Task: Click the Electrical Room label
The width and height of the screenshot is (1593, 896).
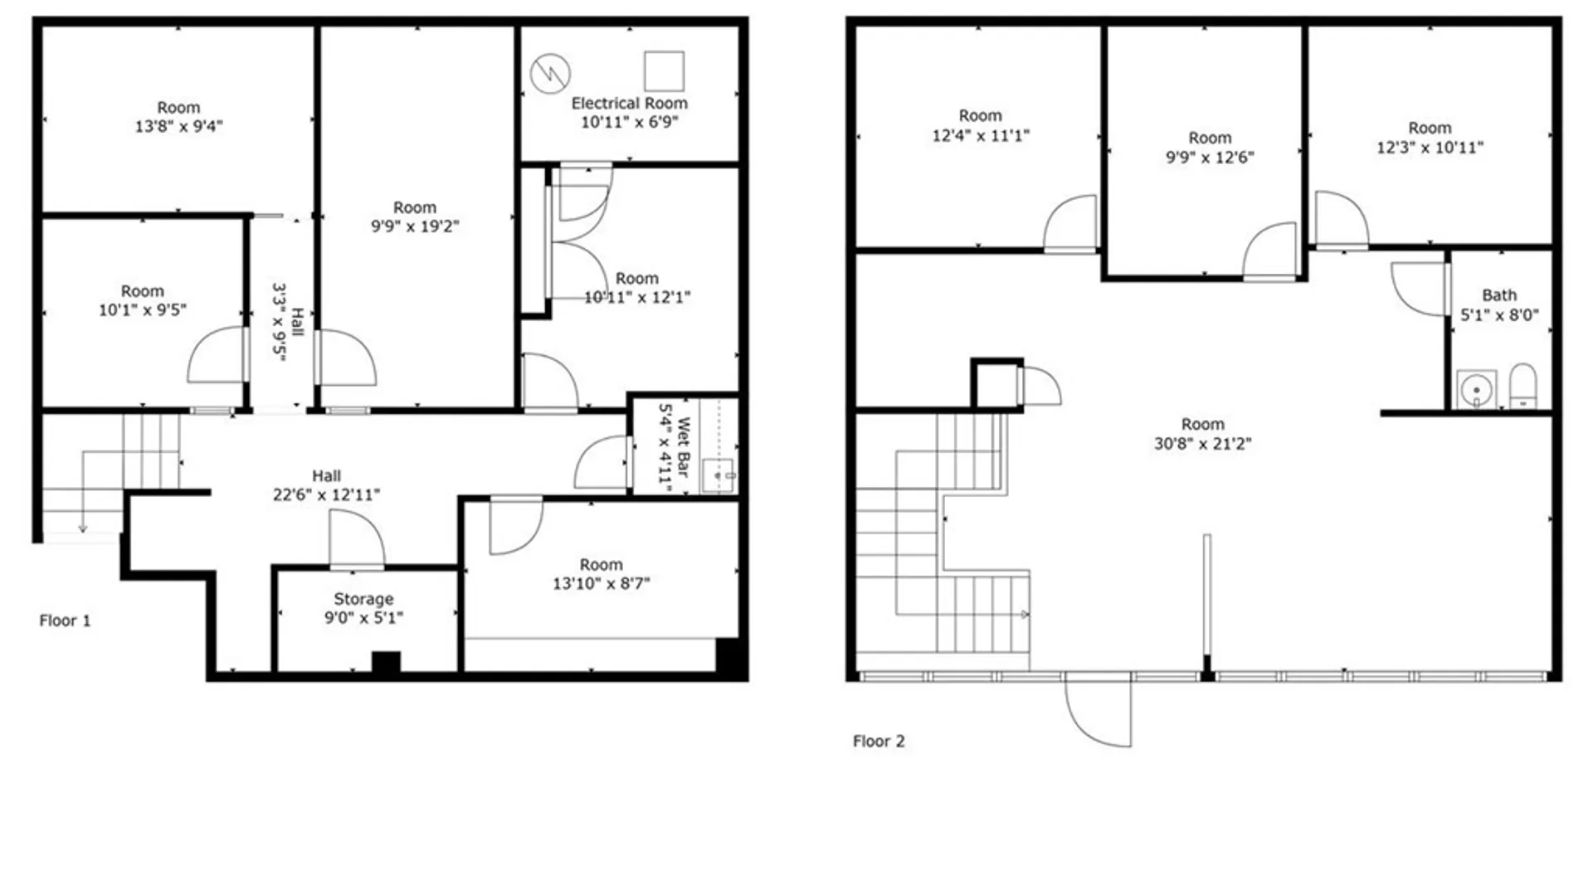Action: click(629, 104)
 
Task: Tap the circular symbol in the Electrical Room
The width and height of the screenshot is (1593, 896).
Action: click(550, 74)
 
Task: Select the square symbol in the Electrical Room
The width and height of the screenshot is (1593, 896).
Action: click(664, 71)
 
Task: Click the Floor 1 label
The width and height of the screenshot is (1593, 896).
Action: click(65, 621)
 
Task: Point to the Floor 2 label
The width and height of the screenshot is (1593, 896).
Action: click(879, 742)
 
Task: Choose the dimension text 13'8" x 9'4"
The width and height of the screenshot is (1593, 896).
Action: click(178, 127)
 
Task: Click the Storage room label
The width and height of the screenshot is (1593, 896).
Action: click(363, 599)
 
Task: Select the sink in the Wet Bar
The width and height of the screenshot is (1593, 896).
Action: click(718, 475)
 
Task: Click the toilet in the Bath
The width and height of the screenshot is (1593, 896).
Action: click(1522, 387)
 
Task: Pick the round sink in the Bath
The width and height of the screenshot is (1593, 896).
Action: click(1477, 390)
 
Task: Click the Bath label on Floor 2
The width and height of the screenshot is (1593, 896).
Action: click(1499, 295)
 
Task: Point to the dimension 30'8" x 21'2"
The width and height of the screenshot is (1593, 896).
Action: click(1202, 444)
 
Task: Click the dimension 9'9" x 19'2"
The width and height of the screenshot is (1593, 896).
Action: click(415, 226)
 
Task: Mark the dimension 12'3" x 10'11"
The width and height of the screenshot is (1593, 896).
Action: click(1430, 148)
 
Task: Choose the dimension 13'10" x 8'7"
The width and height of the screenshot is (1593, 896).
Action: click(601, 583)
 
